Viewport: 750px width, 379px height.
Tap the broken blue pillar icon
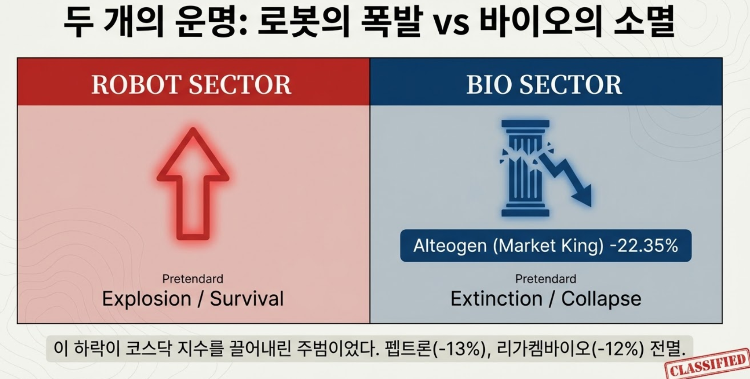tap(525, 168)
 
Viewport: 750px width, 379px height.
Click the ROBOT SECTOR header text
tap(192, 84)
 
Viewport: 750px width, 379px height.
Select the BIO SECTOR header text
tap(544, 84)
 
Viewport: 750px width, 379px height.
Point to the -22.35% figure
tap(644, 245)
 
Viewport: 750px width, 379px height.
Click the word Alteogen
tap(450, 246)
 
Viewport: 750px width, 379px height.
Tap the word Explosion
tap(147, 299)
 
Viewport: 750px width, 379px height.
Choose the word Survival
tap(247, 299)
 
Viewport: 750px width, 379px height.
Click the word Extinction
tap(496, 299)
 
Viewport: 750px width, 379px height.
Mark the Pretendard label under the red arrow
tap(193, 279)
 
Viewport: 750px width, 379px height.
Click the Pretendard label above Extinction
tap(546, 279)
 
